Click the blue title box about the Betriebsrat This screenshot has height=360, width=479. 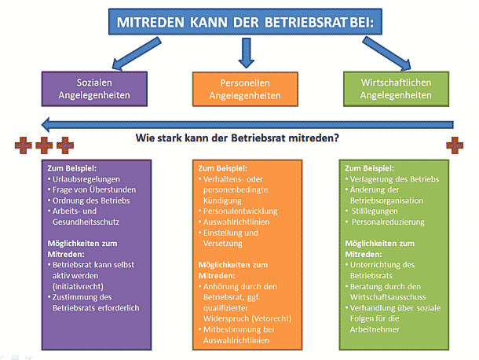(245, 21)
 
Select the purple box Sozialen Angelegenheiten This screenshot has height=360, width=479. (94, 89)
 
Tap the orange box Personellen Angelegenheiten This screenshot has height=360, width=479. (245, 90)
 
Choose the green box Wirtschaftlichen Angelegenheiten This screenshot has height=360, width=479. (396, 89)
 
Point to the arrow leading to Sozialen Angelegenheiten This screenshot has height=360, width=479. (137, 53)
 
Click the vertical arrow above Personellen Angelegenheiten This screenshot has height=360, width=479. (247, 53)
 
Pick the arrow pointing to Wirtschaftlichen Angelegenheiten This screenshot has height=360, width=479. (387, 53)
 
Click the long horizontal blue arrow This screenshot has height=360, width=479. (247, 124)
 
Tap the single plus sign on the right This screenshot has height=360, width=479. (455, 145)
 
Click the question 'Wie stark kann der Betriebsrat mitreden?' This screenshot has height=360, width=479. (237, 138)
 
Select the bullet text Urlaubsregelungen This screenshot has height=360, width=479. (86, 179)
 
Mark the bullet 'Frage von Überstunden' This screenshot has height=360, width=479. (94, 190)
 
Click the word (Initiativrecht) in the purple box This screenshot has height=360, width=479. (78, 287)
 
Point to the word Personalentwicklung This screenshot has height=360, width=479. (240, 211)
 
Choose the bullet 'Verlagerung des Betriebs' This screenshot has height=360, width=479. (394, 179)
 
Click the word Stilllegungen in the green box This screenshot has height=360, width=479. (375, 211)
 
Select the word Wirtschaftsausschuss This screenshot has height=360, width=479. (388, 297)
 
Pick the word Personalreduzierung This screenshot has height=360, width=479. (388, 222)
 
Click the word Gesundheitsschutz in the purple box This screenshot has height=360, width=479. (86, 222)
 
